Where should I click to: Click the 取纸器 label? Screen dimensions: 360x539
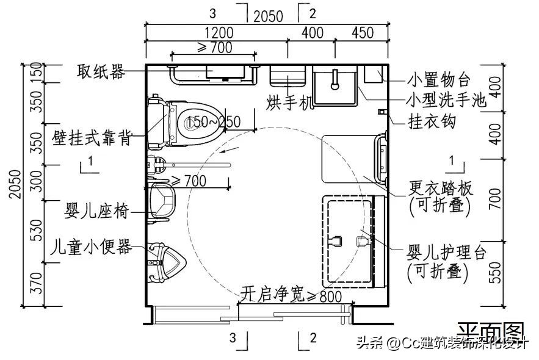101,72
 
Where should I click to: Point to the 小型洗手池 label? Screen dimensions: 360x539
447,100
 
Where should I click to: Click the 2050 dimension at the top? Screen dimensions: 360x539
269,16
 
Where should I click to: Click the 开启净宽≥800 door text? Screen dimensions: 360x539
291,295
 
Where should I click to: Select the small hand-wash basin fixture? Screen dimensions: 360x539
335,85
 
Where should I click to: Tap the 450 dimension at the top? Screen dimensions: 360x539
363,33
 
